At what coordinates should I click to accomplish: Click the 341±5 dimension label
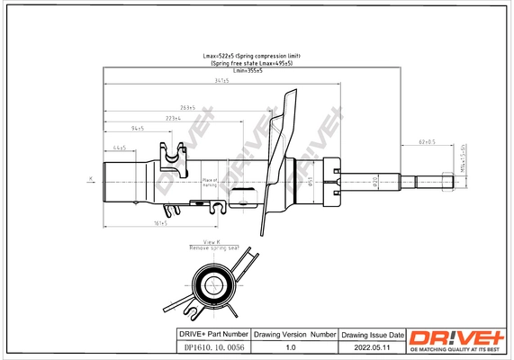221,81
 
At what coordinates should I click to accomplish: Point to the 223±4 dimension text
173,118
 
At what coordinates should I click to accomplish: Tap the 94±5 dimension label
138,129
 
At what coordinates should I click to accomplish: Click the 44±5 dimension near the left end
119,147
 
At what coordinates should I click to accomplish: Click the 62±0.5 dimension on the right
427,141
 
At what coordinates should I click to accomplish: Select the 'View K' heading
212,241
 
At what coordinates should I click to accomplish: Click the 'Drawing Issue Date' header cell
373,333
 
